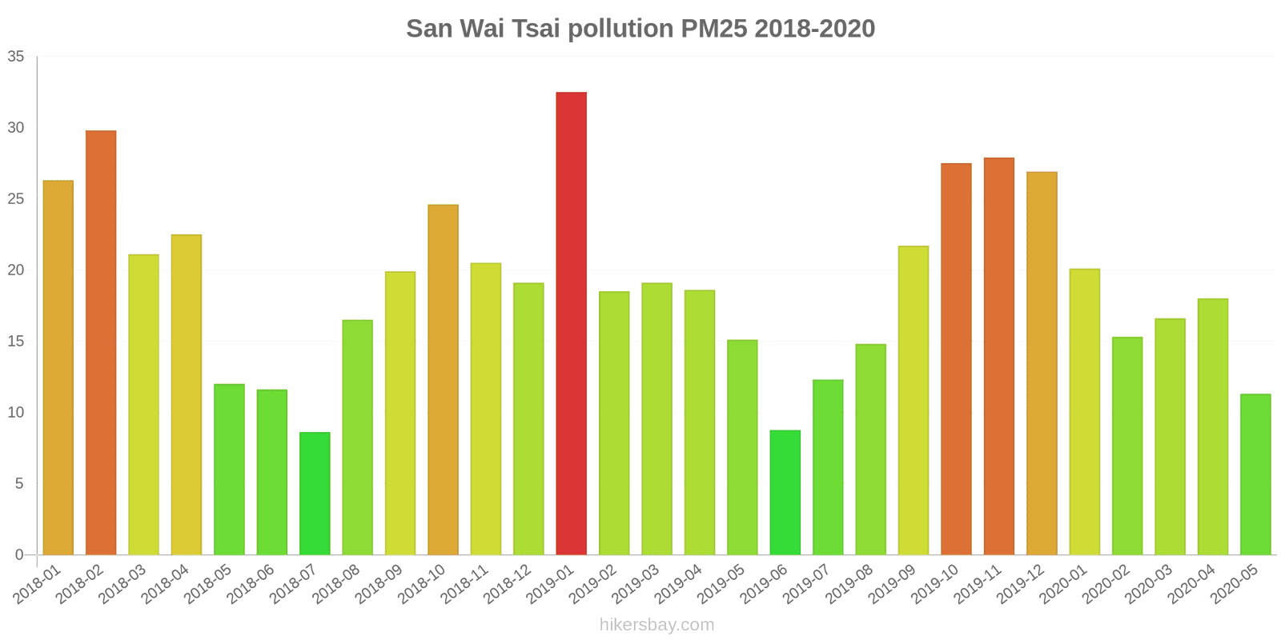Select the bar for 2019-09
click(x=913, y=400)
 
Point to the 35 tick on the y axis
click(x=16, y=57)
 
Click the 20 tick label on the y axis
click(x=16, y=270)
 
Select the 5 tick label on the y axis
click(x=20, y=484)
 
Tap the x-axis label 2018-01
click(x=38, y=585)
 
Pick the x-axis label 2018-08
click(x=337, y=585)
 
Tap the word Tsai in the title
click(x=538, y=29)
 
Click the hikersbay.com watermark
click(x=657, y=625)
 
